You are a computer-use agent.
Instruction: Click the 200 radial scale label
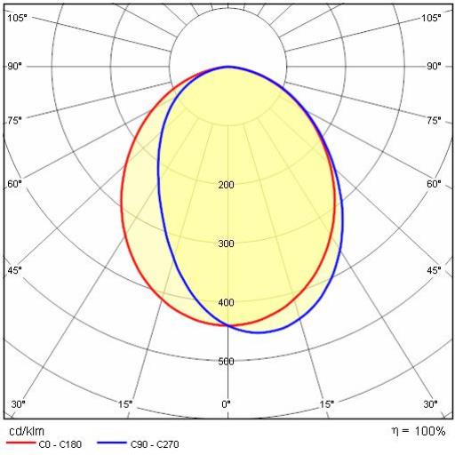tap(226, 185)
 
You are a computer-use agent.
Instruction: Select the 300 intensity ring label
tap(226, 243)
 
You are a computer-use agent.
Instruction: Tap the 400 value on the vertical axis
tap(226, 302)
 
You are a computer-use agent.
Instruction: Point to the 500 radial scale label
tap(226, 362)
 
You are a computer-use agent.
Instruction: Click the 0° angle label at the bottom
tap(226, 404)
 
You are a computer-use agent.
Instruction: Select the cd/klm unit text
tap(27, 431)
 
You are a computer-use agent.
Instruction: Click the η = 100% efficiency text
tap(419, 431)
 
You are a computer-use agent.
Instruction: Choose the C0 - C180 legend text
tap(60, 444)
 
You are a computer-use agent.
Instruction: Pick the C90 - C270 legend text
tap(155, 444)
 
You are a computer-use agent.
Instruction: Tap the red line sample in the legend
tap(20, 443)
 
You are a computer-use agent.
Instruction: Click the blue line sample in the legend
tap(112, 443)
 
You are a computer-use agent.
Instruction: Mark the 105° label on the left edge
tap(17, 18)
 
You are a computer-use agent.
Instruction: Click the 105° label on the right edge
tap(431, 18)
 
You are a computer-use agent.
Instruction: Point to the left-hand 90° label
tap(15, 66)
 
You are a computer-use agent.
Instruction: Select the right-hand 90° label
tap(434, 66)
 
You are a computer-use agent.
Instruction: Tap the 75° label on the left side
tap(15, 121)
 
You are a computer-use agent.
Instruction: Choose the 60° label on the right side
tap(434, 184)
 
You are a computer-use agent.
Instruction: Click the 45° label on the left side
tap(15, 270)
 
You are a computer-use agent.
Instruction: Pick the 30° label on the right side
tap(431, 404)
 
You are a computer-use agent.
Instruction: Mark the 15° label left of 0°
tap(125, 404)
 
